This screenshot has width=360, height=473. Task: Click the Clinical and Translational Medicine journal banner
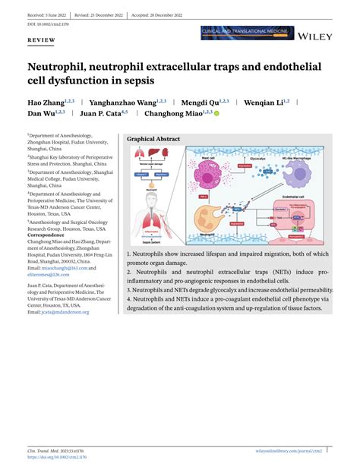246,33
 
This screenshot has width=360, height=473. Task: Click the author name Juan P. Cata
101,114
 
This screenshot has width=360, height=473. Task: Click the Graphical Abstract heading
153,140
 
